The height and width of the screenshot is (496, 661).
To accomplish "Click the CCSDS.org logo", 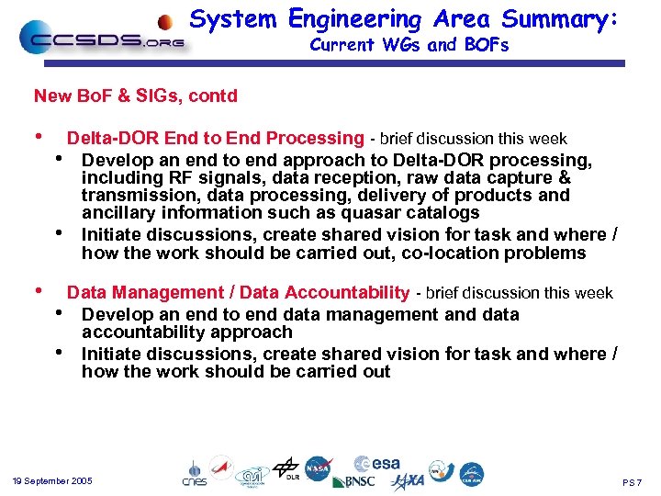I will (101, 39).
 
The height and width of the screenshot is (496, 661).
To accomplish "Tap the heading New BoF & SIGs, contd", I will (135, 96).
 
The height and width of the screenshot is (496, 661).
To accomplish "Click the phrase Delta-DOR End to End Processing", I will (216, 139).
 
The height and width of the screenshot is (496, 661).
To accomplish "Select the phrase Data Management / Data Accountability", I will (238, 293).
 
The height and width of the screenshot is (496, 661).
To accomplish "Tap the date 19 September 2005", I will (52, 481).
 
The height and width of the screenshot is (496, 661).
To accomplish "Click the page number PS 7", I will (633, 482).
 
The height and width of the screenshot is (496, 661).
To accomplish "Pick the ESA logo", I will (377, 463).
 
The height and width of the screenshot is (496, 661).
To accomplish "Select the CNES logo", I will (193, 474).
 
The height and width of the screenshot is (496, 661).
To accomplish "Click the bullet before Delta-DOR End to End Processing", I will (38, 136).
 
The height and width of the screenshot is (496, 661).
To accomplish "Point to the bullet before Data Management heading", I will (38, 290).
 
